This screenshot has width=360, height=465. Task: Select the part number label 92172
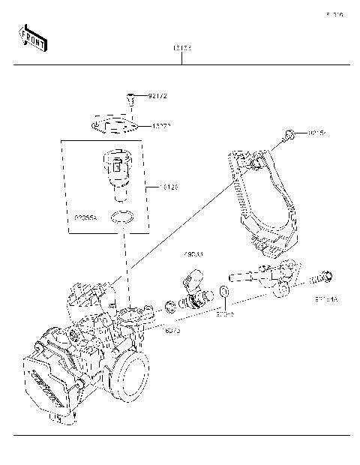pyautogui.click(x=158, y=96)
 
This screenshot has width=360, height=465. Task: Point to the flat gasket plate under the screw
pyautogui.click(x=114, y=124)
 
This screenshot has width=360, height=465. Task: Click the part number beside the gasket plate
pyautogui.click(x=163, y=126)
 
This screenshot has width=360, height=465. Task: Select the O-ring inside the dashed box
pyautogui.click(x=121, y=219)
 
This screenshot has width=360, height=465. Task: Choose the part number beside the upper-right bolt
pyautogui.click(x=318, y=133)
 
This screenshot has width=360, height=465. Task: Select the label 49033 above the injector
pyautogui.click(x=194, y=254)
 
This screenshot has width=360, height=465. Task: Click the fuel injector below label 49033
pyautogui.click(x=196, y=292)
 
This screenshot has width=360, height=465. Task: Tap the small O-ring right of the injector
pyautogui.click(x=224, y=291)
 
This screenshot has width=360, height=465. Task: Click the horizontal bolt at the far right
pyautogui.click(x=325, y=278)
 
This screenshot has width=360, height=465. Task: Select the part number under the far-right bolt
pyautogui.click(x=326, y=298)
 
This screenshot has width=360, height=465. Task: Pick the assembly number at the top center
pyautogui.click(x=181, y=48)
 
